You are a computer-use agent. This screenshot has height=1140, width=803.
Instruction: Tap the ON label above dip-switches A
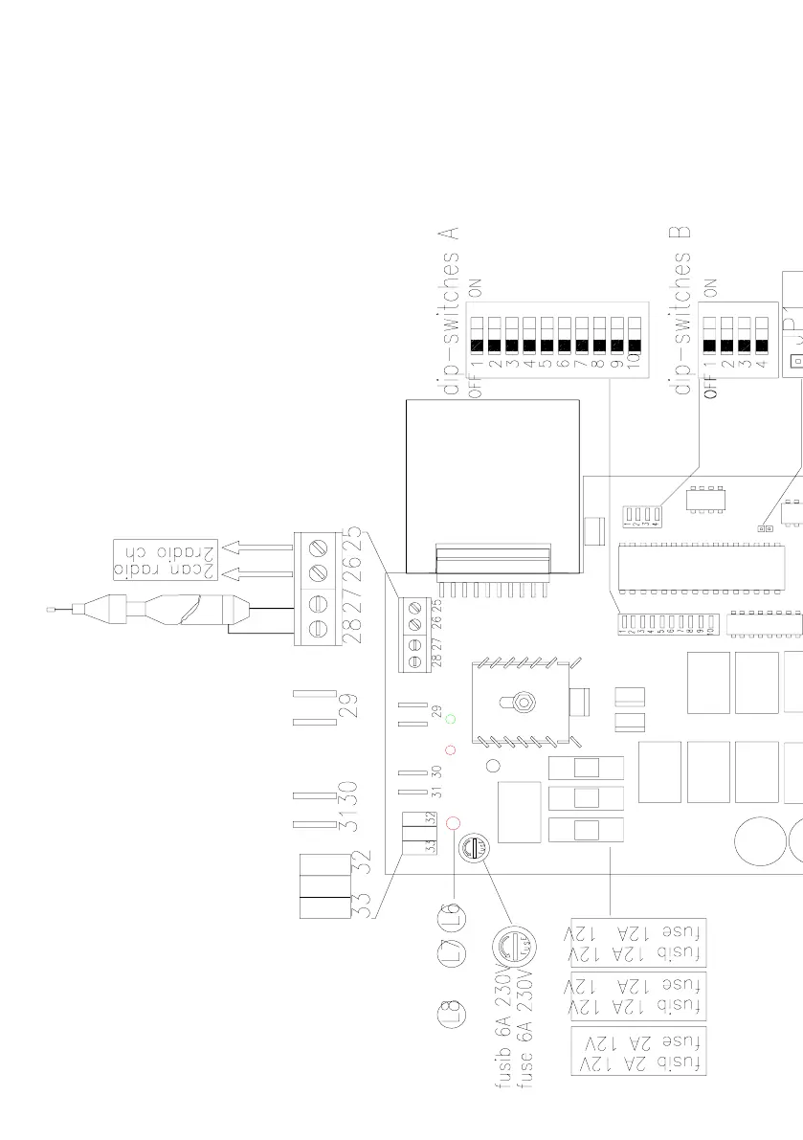click(475, 287)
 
